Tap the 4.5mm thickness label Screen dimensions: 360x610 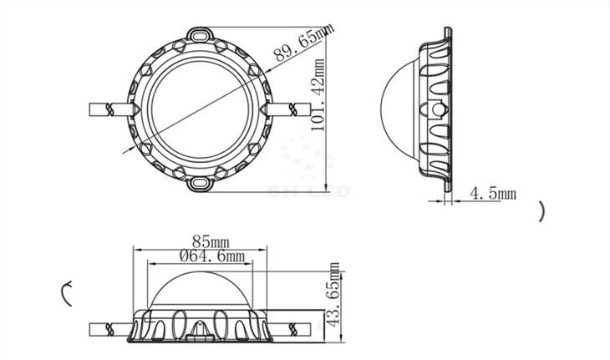click(x=493, y=194)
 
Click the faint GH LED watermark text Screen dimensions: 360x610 click(x=308, y=191)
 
